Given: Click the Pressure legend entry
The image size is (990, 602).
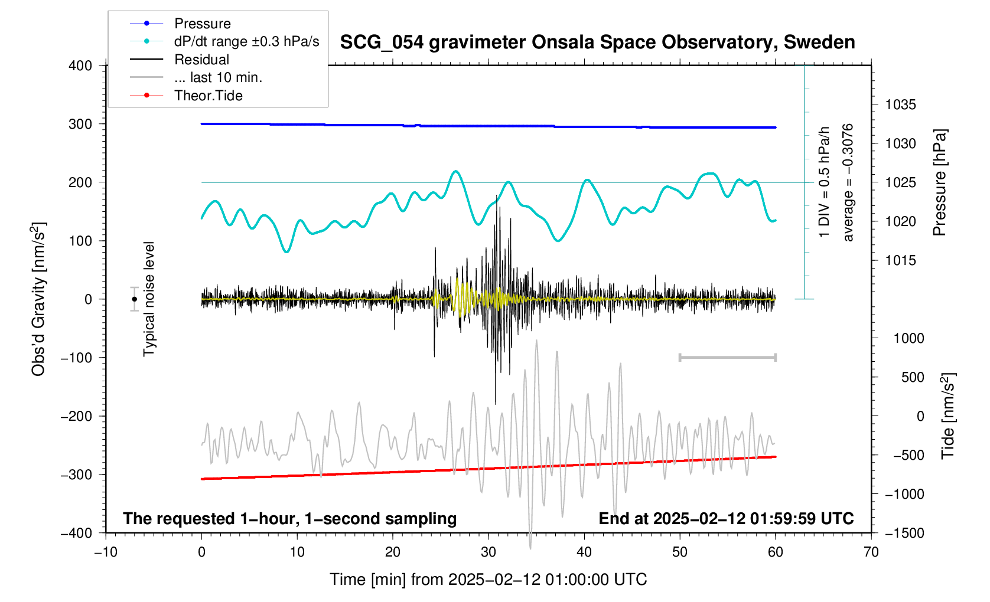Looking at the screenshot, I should tap(202, 24).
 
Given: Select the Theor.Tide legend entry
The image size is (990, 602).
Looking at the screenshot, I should tap(208, 96).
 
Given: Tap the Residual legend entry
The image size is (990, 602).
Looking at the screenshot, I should tap(201, 60).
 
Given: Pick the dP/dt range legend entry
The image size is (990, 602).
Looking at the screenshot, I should tap(246, 41).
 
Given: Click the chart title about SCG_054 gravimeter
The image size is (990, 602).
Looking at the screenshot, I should tap(597, 42).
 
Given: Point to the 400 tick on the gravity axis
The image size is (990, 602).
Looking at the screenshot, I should tap(80, 66).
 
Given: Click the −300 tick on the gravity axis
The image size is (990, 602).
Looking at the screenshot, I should tap(77, 475).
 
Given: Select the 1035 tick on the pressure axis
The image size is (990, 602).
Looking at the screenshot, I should tap(900, 105).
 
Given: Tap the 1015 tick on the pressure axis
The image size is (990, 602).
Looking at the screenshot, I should tap(900, 260).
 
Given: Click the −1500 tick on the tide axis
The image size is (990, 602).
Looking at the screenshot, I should tap(904, 533).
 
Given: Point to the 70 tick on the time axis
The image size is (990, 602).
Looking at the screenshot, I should tap(871, 552).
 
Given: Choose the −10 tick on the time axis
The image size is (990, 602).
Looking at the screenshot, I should tap(106, 552).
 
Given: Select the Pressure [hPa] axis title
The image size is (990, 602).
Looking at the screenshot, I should tap(939, 182).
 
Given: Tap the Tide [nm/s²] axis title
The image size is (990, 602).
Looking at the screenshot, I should tap(947, 416).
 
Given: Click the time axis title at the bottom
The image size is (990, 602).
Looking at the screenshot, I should tap(488, 580).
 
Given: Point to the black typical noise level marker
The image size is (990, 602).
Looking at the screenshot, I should tap(135, 299).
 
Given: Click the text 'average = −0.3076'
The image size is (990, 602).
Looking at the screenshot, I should tap(848, 182).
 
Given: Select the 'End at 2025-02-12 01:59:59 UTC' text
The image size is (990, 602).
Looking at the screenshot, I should tap(726, 519).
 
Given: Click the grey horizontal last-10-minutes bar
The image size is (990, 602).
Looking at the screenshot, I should tap(727, 357).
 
